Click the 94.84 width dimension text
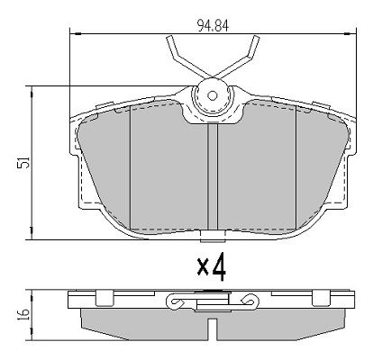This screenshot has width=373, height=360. point(213,26)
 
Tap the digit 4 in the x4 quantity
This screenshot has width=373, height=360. point(219,266)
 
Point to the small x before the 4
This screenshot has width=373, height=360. point(203,268)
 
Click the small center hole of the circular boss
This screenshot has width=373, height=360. point(213,95)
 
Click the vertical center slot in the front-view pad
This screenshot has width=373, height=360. point(213,176)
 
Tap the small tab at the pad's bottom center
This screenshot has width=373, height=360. point(213,236)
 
